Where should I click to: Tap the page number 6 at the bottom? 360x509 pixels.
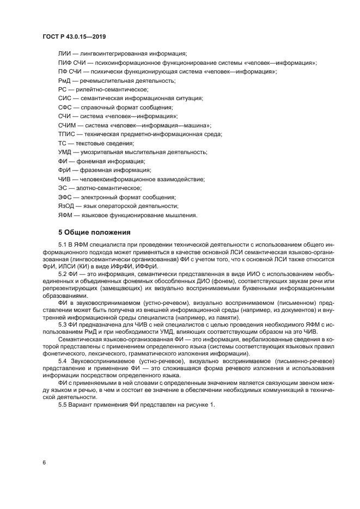44,462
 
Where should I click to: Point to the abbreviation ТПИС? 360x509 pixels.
66,134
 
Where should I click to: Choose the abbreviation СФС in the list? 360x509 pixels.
65,107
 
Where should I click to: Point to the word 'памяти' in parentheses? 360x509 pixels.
221,318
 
